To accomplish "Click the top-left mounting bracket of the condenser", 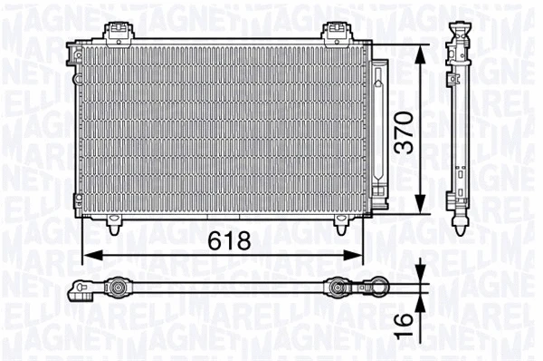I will point(116,34).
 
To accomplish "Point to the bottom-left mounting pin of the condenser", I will point(114,223).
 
